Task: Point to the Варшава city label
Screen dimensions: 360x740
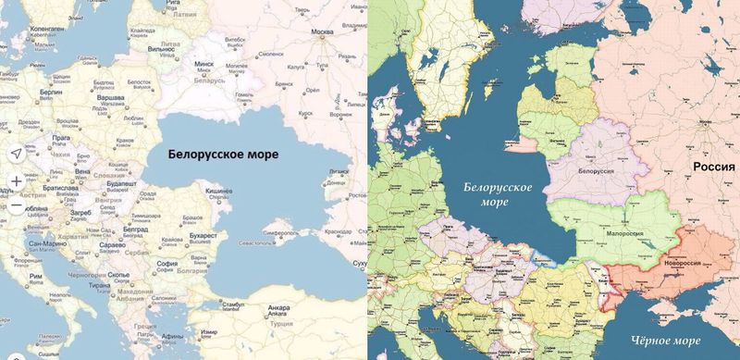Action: (x=112, y=96)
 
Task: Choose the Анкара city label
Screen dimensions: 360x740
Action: (x=279, y=304)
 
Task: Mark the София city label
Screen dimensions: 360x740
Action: (x=166, y=262)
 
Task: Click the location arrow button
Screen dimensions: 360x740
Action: (x=16, y=153)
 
